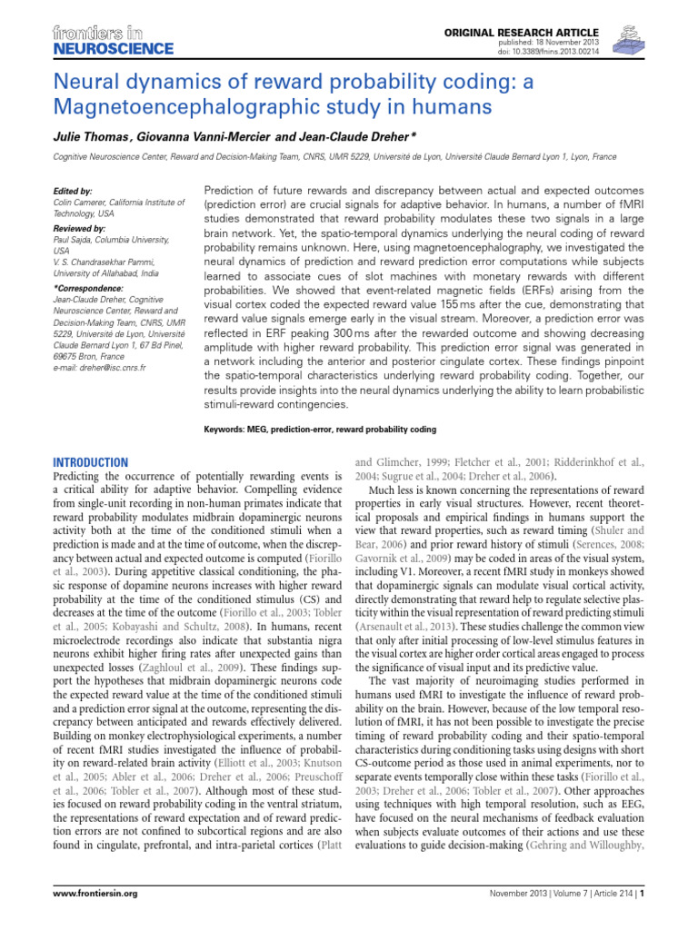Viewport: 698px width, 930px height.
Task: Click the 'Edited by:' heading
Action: click(x=74, y=192)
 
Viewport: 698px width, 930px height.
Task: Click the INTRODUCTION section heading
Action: click(x=92, y=462)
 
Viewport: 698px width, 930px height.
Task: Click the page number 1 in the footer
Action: click(x=642, y=919)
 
